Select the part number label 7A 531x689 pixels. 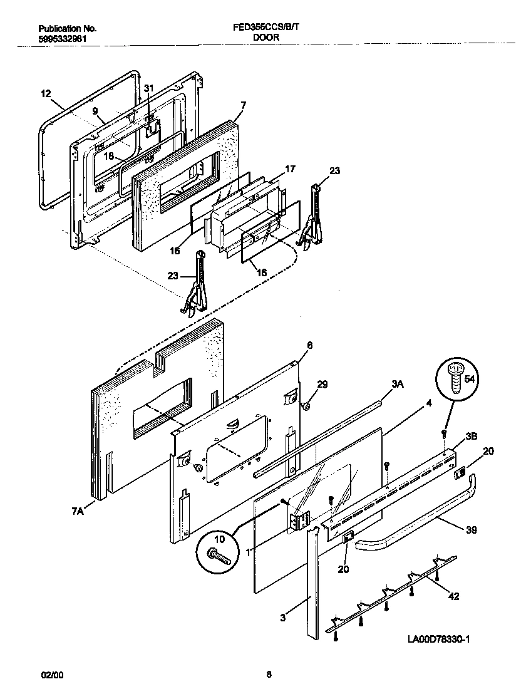point(77,512)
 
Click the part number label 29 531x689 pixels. point(322,384)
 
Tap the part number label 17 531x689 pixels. point(290,168)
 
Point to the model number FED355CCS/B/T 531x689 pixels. point(266,28)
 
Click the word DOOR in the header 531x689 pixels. point(266,38)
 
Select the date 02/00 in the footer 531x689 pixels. point(52,675)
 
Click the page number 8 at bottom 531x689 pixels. point(269,675)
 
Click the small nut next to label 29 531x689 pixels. point(307,407)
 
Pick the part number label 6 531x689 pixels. point(309,345)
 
